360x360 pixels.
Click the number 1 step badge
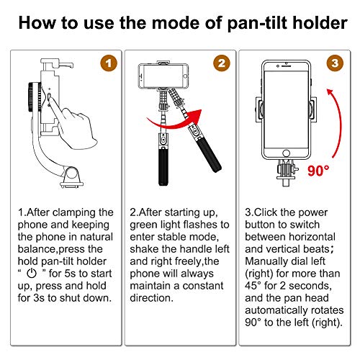(x=109, y=63)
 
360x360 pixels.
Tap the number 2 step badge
(x=222, y=63)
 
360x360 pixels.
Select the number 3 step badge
(x=335, y=63)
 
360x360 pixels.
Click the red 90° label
(x=318, y=171)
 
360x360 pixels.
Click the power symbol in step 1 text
(x=32, y=274)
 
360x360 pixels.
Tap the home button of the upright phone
(x=286, y=153)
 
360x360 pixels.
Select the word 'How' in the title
(x=37, y=23)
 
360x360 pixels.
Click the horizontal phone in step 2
(x=163, y=76)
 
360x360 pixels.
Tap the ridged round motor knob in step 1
(x=33, y=97)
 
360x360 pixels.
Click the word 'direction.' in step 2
(x=151, y=298)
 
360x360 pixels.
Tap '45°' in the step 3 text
(x=253, y=286)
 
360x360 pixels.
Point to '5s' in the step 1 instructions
(x=71, y=274)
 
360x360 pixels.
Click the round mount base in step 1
(x=71, y=179)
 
